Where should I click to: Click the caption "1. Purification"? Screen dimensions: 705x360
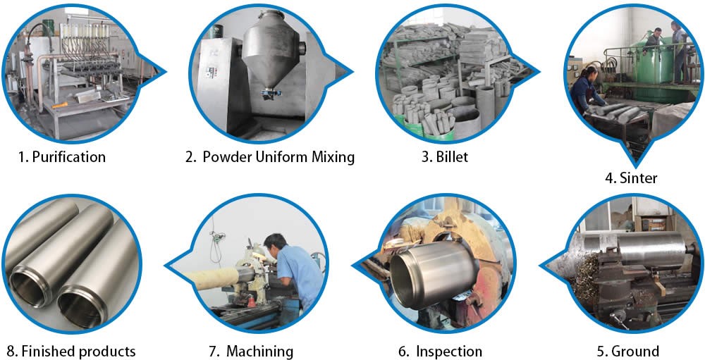[62, 157]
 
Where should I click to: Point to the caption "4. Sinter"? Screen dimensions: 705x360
[631, 178]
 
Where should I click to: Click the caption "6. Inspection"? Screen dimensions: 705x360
[440, 351]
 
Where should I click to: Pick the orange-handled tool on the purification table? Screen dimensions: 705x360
[60, 106]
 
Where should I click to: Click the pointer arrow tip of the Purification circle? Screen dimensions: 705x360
[166, 71]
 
